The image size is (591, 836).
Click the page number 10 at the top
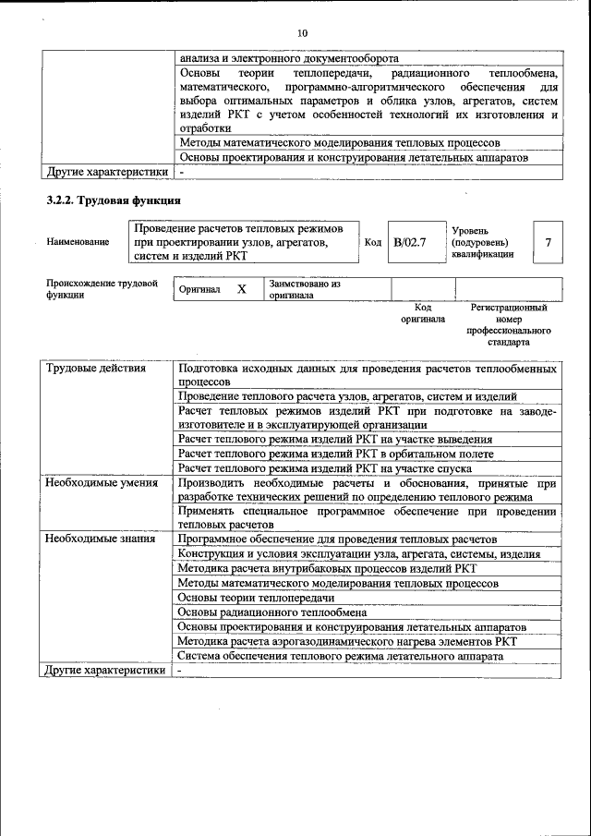[x=301, y=33]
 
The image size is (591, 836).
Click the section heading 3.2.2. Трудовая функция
[x=114, y=200]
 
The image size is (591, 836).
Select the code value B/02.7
[x=409, y=242]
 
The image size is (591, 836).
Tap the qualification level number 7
[x=548, y=242]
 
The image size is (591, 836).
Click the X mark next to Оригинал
[x=242, y=289]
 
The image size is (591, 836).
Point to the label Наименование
[x=78, y=242]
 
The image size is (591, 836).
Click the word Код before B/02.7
[x=373, y=242]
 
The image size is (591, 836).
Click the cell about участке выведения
[x=334, y=440]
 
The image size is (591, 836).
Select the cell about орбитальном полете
[x=335, y=454]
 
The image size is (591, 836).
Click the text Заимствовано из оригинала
[x=305, y=290]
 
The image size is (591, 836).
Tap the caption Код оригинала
[x=422, y=313]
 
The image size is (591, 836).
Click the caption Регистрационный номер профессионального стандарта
[x=509, y=324]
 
